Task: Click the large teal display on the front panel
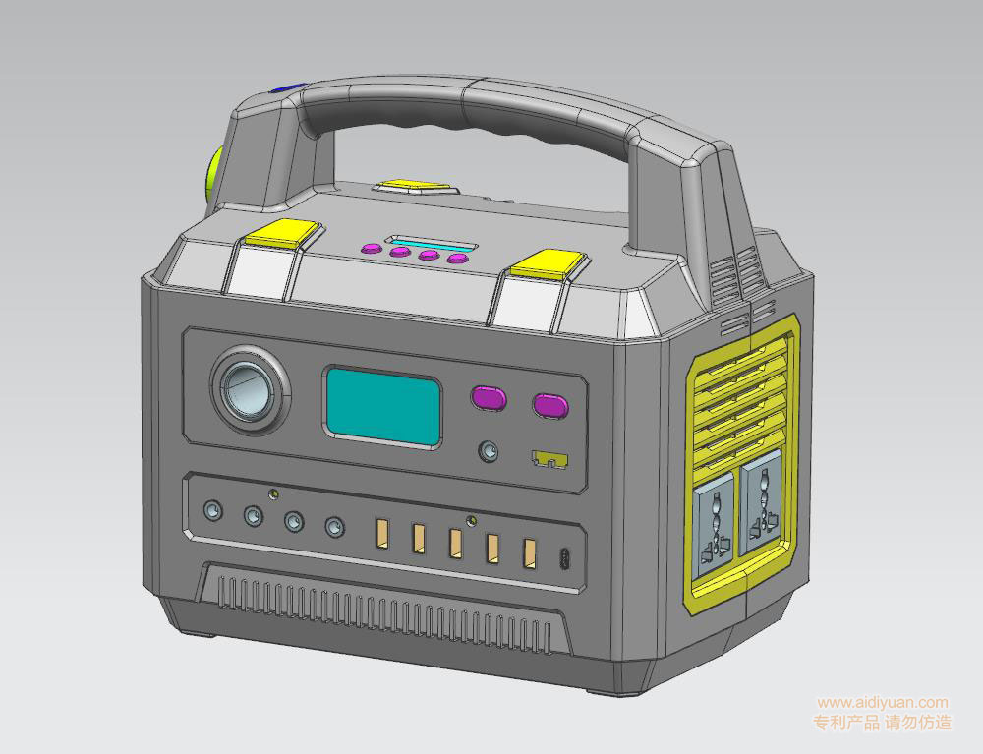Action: (x=382, y=407)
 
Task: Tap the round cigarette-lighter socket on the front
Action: (x=250, y=389)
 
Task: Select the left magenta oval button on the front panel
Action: (x=489, y=398)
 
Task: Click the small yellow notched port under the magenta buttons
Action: (x=549, y=459)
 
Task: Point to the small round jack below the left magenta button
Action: (x=489, y=451)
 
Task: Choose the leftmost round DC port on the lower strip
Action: (x=213, y=510)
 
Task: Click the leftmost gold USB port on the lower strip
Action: (x=381, y=534)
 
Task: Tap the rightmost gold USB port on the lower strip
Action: (x=531, y=554)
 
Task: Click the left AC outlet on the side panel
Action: (x=715, y=525)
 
